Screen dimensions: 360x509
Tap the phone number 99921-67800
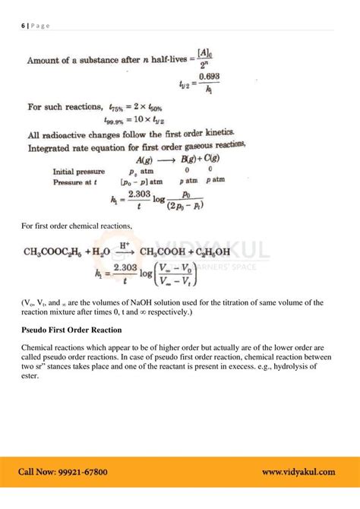[85, 471]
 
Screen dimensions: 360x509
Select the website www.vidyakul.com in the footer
[298, 471]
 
